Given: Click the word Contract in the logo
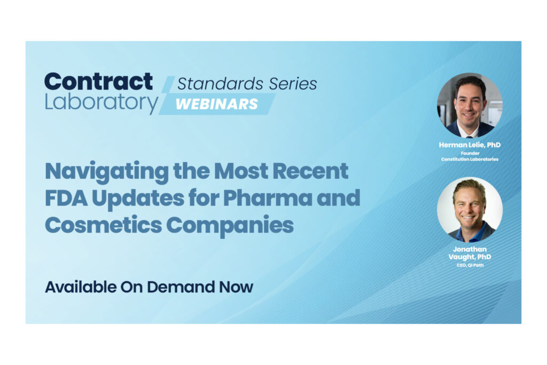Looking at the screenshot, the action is pos(98,82).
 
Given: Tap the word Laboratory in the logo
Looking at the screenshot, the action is pos(101,102).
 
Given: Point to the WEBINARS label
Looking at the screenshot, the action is pos(217,104).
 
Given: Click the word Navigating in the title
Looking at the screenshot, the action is pos(107,172).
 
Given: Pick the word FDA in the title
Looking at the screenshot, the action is pos(66,198).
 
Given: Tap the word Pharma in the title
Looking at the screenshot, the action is pos(267,198).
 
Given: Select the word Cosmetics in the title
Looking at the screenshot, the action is pos(103,225).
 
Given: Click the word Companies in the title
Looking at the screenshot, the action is pos(230,226).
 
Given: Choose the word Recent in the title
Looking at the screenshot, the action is pos(310,171).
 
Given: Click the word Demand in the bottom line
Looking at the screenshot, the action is pos(181,287).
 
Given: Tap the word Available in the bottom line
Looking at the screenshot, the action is pos(81,287).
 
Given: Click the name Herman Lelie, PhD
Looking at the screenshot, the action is pos(470,145).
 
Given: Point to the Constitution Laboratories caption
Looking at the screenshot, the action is pos(470,159).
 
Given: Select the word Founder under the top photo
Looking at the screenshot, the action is pos(470,153).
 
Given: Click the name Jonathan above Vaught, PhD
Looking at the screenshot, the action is pos(470,249).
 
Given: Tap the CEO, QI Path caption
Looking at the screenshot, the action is pos(470,265).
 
